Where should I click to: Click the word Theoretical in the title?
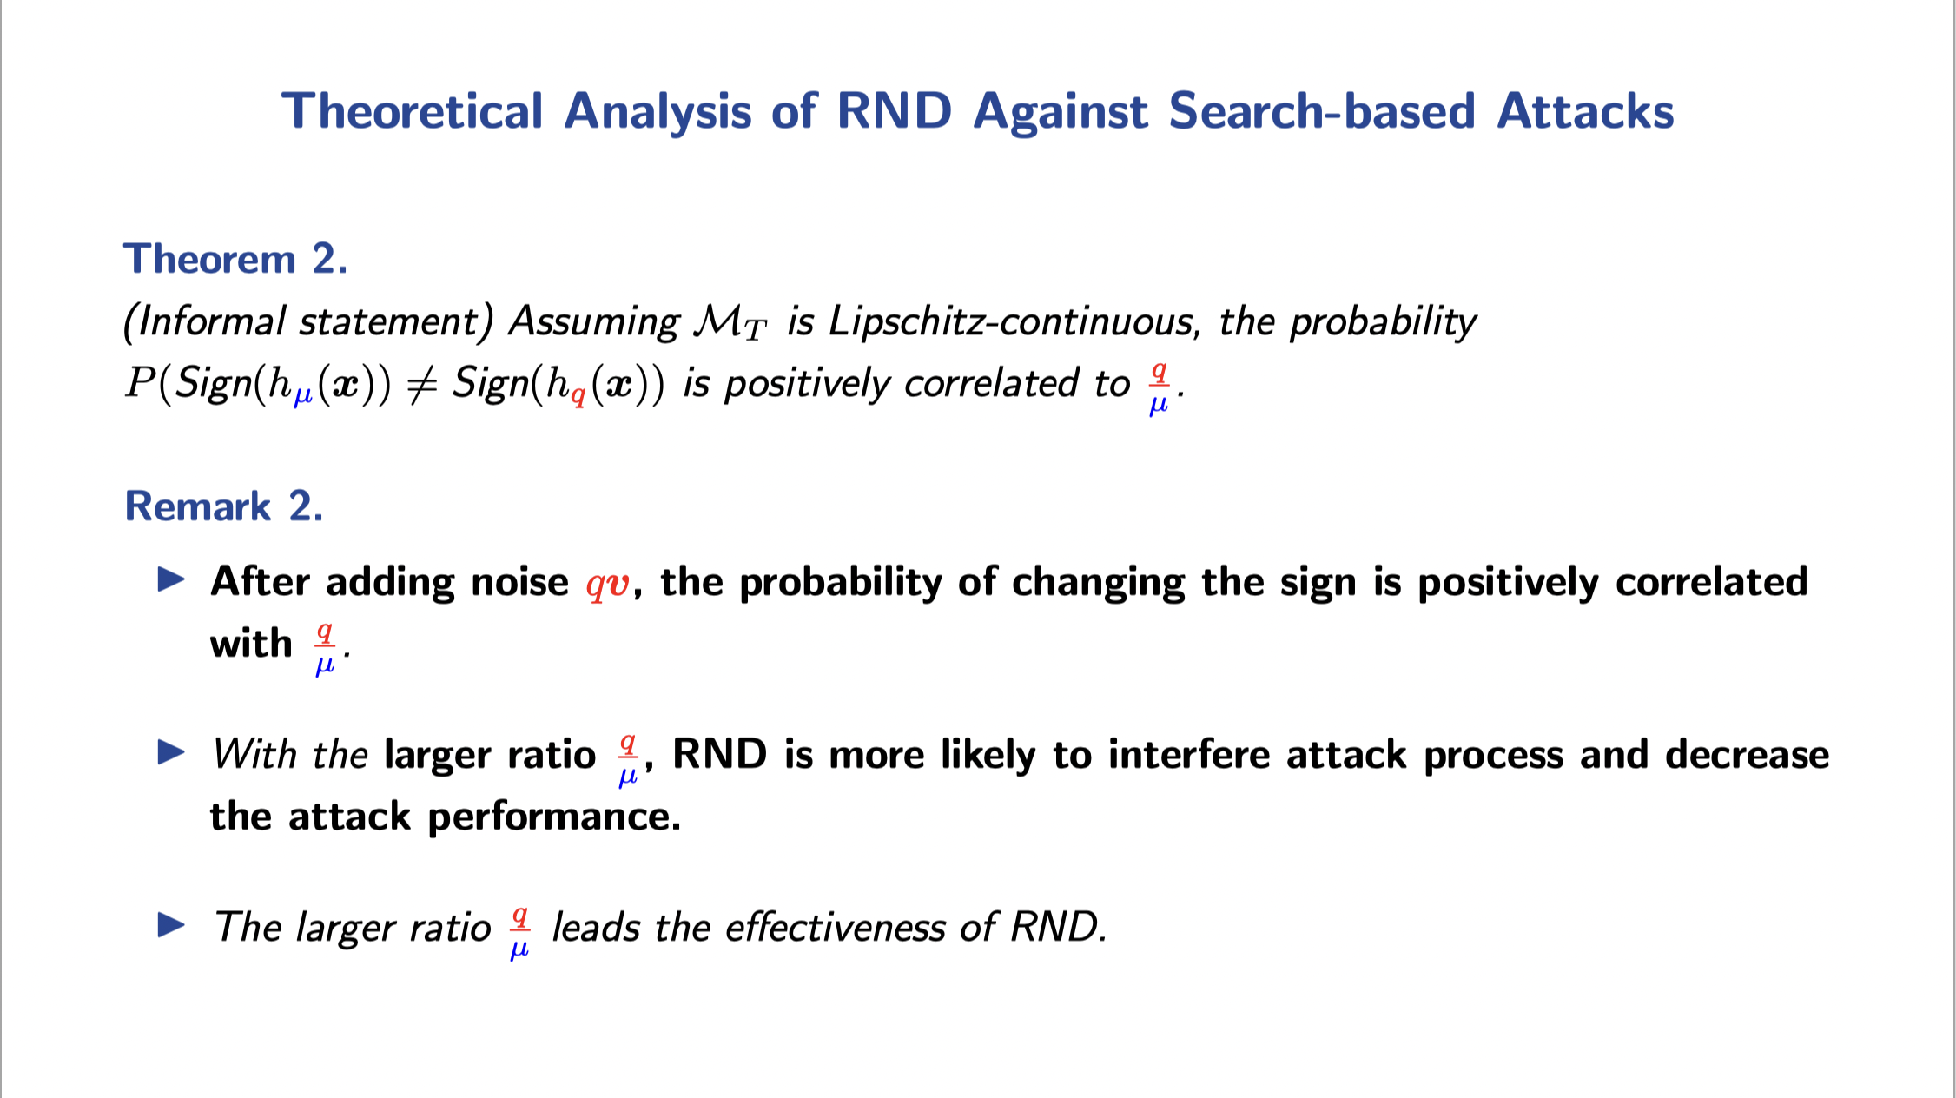pyautogui.click(x=413, y=112)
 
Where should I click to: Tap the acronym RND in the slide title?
pyautogui.click(x=894, y=112)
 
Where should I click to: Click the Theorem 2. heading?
pyautogui.click(x=235, y=259)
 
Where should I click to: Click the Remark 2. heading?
pyautogui.click(x=224, y=506)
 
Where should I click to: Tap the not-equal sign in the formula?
pyautogui.click(x=421, y=383)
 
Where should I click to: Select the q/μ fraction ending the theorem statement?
pyautogui.click(x=1159, y=387)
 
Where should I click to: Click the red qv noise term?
pyautogui.click(x=607, y=582)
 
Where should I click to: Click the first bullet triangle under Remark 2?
pyautogui.click(x=171, y=579)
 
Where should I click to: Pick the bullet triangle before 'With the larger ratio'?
pyautogui.click(x=171, y=752)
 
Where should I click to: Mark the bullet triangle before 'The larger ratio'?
pyautogui.click(x=171, y=925)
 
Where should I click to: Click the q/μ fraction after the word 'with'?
pyautogui.click(x=324, y=648)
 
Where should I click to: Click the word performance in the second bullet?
pyautogui.click(x=554, y=817)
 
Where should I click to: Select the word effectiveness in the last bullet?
pyautogui.click(x=835, y=927)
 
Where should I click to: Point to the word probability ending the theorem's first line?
pyautogui.click(x=1383, y=322)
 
